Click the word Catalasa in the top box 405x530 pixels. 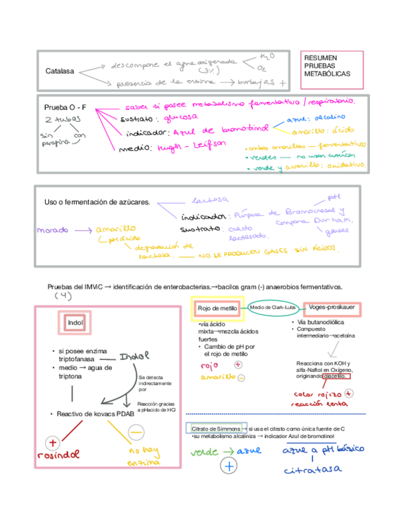click(59, 71)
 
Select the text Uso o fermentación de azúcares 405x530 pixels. click(97, 202)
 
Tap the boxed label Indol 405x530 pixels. click(75, 323)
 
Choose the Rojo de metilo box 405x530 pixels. click(217, 309)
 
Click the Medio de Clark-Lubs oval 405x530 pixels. click(273, 307)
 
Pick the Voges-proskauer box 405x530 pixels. click(332, 307)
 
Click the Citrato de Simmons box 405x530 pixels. click(212, 429)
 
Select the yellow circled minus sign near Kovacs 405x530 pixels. click(136, 431)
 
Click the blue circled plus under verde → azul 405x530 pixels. click(229, 466)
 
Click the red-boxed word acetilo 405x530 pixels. click(337, 376)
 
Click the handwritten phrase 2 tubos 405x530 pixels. click(61, 120)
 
